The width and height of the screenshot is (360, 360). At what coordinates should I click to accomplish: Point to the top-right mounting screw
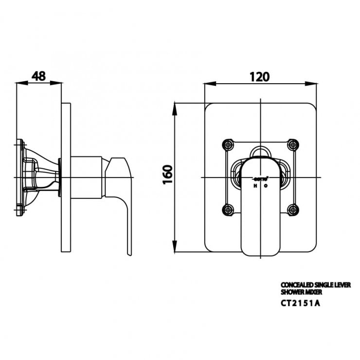[292, 144]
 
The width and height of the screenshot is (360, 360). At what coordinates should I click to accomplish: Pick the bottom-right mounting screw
[292, 210]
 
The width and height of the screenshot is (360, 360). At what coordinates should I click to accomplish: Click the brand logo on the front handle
[260, 180]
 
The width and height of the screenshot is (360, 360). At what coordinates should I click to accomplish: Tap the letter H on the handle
[254, 185]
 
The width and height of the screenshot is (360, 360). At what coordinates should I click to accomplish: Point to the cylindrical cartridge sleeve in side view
[86, 177]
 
